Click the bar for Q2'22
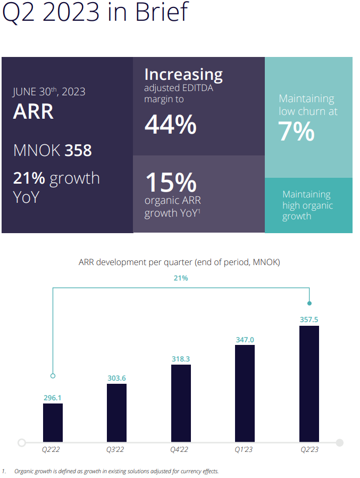[53, 423]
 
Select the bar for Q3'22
[116, 413]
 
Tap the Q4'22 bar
[181, 403]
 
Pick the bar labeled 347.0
[245, 393]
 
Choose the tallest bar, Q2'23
[309, 384]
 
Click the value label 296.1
[53, 398]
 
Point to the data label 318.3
[181, 359]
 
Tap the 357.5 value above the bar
[309, 319]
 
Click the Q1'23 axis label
[244, 449]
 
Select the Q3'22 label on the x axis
[115, 449]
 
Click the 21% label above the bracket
[181, 278]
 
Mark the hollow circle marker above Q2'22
[53, 376]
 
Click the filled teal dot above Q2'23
[309, 303]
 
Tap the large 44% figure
[171, 125]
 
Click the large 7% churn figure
[296, 131]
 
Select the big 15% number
[171, 182]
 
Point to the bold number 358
[78, 150]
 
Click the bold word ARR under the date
[33, 111]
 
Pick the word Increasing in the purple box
[183, 75]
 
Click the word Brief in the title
[162, 12]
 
